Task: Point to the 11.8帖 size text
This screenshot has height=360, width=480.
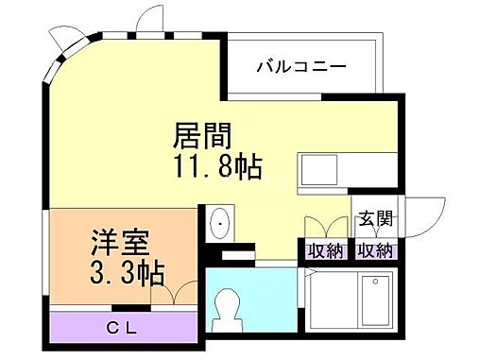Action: coord(216,170)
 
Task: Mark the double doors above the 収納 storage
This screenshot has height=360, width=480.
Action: coord(324,230)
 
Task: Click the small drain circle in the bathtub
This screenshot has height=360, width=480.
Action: coord(376,281)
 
